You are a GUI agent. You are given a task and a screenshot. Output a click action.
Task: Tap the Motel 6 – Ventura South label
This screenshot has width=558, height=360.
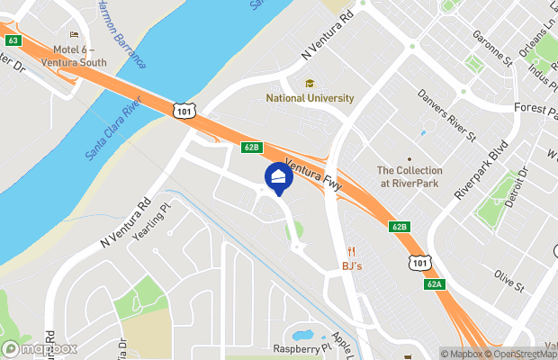click(79, 56)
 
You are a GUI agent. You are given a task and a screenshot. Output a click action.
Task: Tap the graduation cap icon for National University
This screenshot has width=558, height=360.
click(310, 83)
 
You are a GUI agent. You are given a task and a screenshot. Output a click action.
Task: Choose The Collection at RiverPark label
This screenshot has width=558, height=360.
click(409, 176)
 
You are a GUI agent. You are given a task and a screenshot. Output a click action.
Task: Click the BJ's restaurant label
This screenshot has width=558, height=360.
click(353, 266)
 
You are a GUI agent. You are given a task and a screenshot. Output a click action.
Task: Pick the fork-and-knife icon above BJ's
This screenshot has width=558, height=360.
click(353, 251)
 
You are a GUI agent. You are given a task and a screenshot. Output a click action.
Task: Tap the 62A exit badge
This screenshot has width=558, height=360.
click(435, 284)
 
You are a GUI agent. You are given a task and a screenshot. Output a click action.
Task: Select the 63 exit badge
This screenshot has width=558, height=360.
click(12, 40)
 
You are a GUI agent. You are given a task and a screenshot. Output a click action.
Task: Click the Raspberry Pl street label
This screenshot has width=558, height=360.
click(296, 348)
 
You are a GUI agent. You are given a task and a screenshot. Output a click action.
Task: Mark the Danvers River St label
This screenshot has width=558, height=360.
click(446, 116)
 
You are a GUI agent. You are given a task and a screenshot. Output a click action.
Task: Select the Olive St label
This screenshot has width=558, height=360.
click(509, 283)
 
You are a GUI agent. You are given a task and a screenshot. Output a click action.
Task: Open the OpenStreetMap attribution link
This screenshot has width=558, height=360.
click(521, 353)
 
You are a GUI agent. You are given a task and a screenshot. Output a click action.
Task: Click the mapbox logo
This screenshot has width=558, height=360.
click(40, 348)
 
